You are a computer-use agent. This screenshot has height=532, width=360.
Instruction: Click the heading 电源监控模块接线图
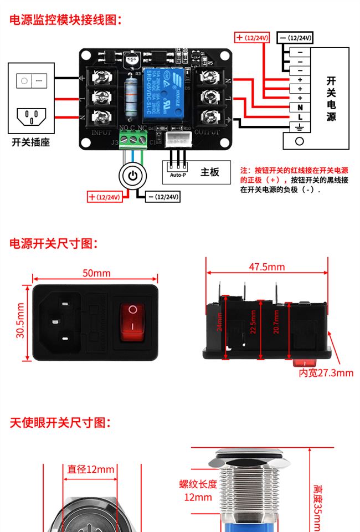65,20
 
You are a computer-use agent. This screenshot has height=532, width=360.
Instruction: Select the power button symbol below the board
132,176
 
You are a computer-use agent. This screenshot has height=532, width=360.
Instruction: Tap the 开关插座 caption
30,142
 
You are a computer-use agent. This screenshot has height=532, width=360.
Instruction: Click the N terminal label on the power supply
300,107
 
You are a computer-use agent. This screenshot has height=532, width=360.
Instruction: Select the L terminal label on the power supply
300,117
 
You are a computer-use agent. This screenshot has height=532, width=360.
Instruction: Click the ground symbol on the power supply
300,127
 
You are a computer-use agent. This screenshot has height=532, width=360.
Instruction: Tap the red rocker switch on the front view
132,321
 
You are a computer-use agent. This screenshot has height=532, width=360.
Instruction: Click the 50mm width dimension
96,273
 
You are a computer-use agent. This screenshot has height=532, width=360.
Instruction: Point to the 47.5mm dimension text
266,267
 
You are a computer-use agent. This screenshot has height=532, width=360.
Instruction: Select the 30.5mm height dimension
20,321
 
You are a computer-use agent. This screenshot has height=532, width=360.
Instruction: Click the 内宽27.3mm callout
326,373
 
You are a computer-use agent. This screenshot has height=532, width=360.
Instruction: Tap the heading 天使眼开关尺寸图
60,423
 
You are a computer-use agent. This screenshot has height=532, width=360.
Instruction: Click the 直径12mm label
91,469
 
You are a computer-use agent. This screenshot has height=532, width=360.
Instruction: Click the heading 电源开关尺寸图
54,243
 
